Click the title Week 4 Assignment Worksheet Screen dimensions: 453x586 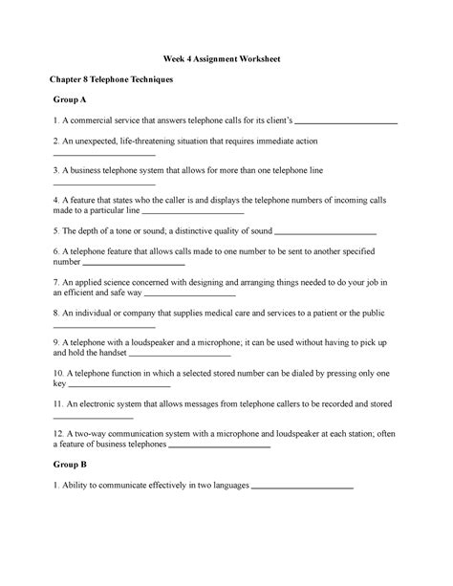tap(226, 59)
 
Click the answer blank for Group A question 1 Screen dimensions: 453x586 tap(349, 123)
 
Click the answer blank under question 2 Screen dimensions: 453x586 tap(104, 155)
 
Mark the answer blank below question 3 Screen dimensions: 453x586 tap(104, 184)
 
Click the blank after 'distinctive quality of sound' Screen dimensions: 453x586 tap(326, 232)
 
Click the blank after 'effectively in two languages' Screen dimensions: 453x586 tap(302, 486)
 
